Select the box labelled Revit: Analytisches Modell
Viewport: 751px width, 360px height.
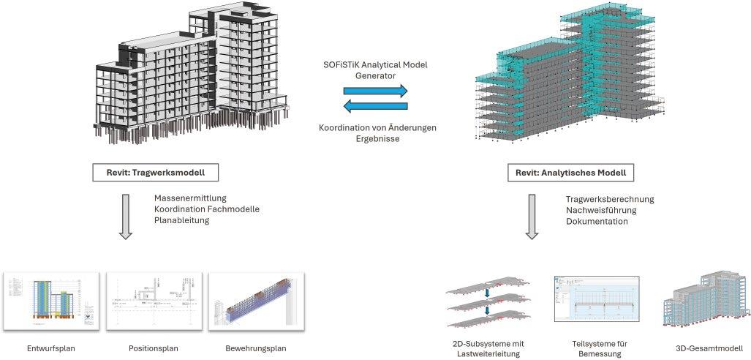[570, 173]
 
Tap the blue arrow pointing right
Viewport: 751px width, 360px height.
[376, 91]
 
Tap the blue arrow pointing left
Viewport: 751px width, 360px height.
[376, 108]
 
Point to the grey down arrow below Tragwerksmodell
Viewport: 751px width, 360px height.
[126, 215]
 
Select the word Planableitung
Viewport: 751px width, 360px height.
[182, 220]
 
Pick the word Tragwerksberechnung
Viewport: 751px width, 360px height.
[610, 199]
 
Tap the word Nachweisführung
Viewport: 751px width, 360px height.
[601, 210]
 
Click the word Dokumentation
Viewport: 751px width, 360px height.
[597, 221]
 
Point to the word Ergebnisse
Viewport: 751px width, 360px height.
[377, 139]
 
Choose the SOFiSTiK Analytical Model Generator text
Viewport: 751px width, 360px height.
[376, 70]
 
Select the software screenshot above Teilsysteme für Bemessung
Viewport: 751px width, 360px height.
[596, 301]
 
